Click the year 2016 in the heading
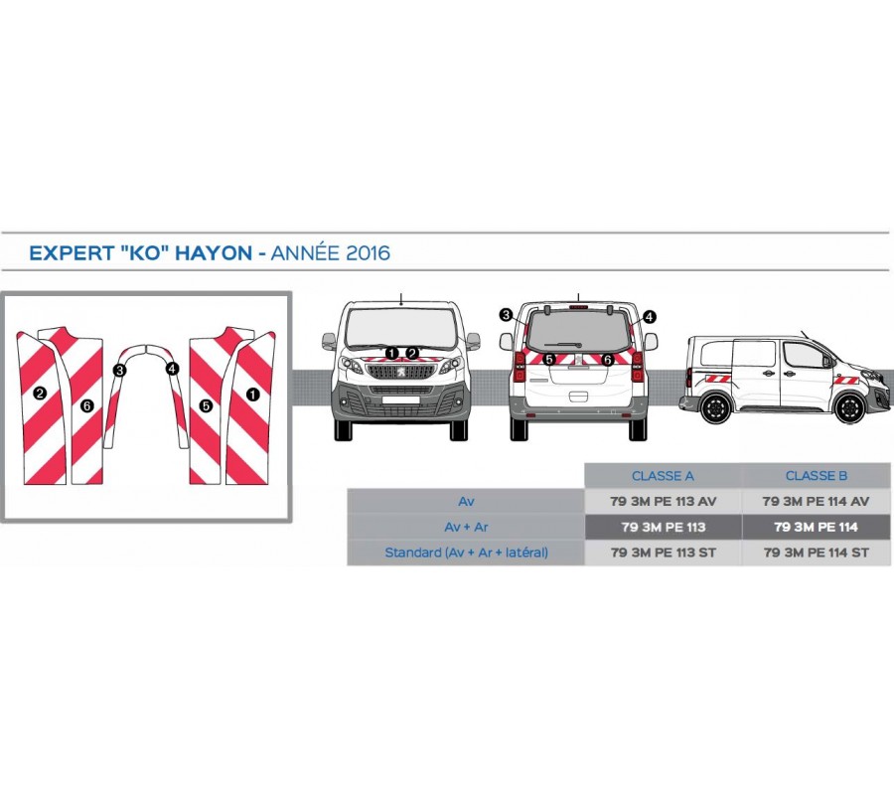pyautogui.click(x=368, y=253)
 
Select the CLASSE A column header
pyautogui.click(x=663, y=476)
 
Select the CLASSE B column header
pyautogui.click(x=816, y=476)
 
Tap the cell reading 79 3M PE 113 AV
pyautogui.click(x=663, y=502)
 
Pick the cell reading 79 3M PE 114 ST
pyautogui.click(x=816, y=553)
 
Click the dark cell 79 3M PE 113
pyautogui.click(x=663, y=527)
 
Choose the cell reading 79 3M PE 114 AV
pyautogui.click(x=816, y=502)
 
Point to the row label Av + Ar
pyautogui.click(x=466, y=527)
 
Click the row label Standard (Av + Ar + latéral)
pyautogui.click(x=466, y=553)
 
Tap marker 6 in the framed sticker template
pyautogui.click(x=87, y=405)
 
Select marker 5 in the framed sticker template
pyautogui.click(x=206, y=405)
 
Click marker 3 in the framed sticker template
pyautogui.click(x=120, y=370)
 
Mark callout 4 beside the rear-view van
pyautogui.click(x=650, y=317)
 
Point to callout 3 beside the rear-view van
pyautogui.click(x=506, y=315)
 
